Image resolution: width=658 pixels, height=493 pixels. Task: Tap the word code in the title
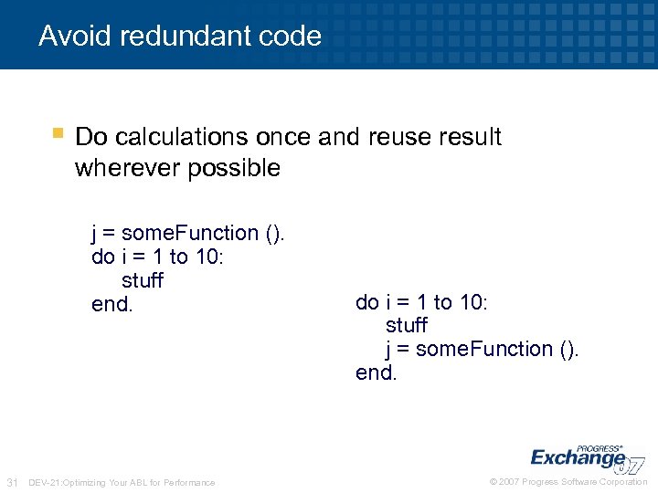point(291,37)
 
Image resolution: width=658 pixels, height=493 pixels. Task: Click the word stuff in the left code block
point(142,280)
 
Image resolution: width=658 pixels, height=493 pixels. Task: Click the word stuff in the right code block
point(406,325)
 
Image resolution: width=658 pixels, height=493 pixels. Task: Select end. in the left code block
point(112,304)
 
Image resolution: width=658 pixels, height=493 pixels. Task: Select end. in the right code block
point(377,372)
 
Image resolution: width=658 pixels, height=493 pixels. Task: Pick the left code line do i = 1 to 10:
point(157,257)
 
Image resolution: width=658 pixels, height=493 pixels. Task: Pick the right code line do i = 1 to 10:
point(421,302)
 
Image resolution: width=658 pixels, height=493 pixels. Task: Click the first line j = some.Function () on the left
point(188,234)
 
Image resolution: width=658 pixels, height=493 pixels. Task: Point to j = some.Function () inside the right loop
point(482,349)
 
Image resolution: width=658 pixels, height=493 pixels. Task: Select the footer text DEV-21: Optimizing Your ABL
point(122,482)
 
